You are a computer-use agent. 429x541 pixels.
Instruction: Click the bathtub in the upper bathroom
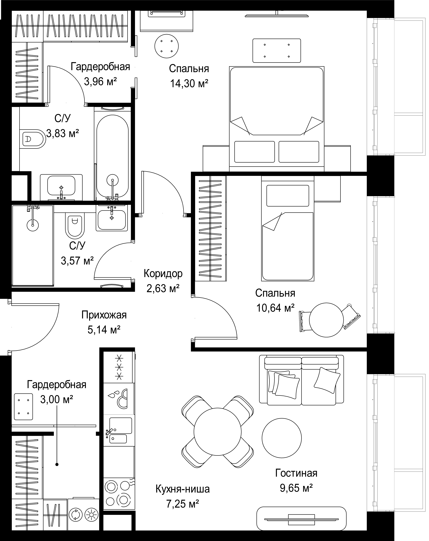point(112,156)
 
